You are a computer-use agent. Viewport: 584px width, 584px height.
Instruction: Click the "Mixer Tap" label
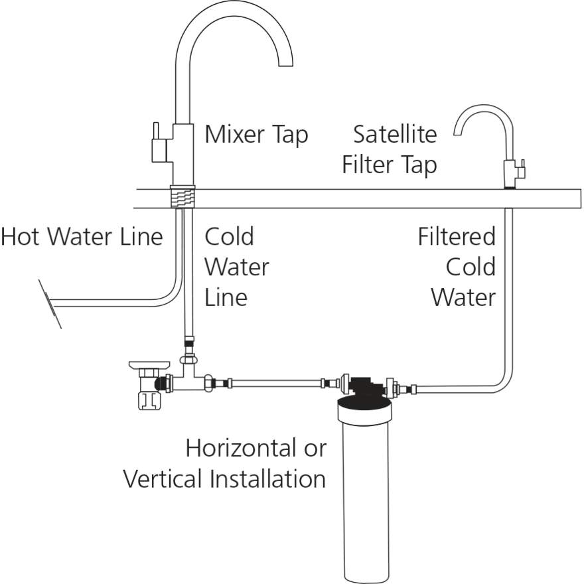tap(256, 135)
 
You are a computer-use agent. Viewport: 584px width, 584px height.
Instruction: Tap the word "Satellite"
tap(395, 134)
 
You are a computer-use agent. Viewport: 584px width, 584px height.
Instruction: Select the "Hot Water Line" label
tap(82, 237)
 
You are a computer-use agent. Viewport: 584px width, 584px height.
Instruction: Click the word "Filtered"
tap(457, 237)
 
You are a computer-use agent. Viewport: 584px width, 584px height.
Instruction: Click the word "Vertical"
tap(164, 478)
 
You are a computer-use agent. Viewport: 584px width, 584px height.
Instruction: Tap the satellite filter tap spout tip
tap(457, 133)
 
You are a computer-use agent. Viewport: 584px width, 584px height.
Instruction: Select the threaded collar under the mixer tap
tap(183, 195)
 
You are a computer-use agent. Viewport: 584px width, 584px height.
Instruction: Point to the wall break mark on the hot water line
tap(50, 304)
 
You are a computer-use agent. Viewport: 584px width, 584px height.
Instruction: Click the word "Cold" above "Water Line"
tap(229, 237)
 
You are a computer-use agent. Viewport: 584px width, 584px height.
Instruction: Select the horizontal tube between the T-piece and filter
tap(275, 384)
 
